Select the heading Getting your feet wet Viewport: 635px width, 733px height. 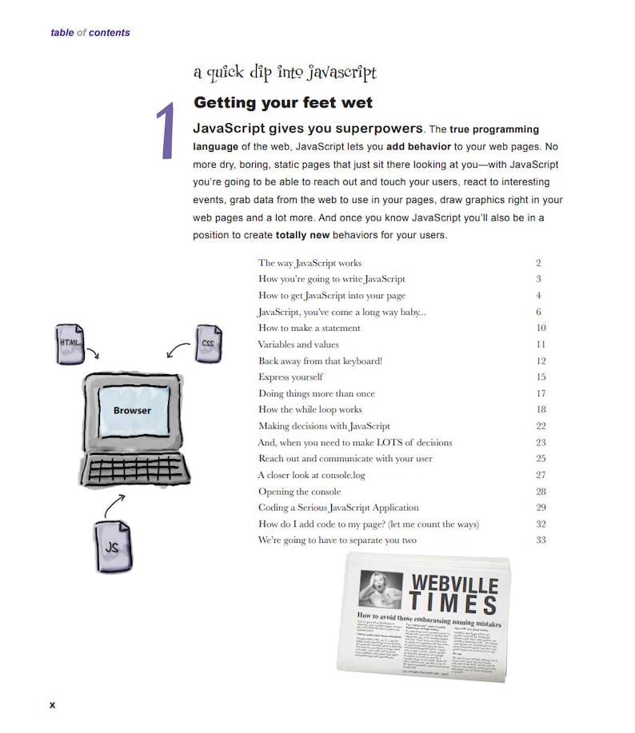[282, 103]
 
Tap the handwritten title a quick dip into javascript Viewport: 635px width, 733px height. [284, 73]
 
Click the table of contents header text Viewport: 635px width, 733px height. [90, 33]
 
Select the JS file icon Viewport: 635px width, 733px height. [113, 547]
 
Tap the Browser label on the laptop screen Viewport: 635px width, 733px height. [131, 410]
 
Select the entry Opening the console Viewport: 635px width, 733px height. [299, 492]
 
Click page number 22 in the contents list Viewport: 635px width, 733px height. [541, 426]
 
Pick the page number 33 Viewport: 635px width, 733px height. [541, 540]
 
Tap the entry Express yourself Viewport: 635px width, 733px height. [290, 377]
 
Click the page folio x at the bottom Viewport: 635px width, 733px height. [53, 704]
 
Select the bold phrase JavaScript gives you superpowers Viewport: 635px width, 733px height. [308, 129]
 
